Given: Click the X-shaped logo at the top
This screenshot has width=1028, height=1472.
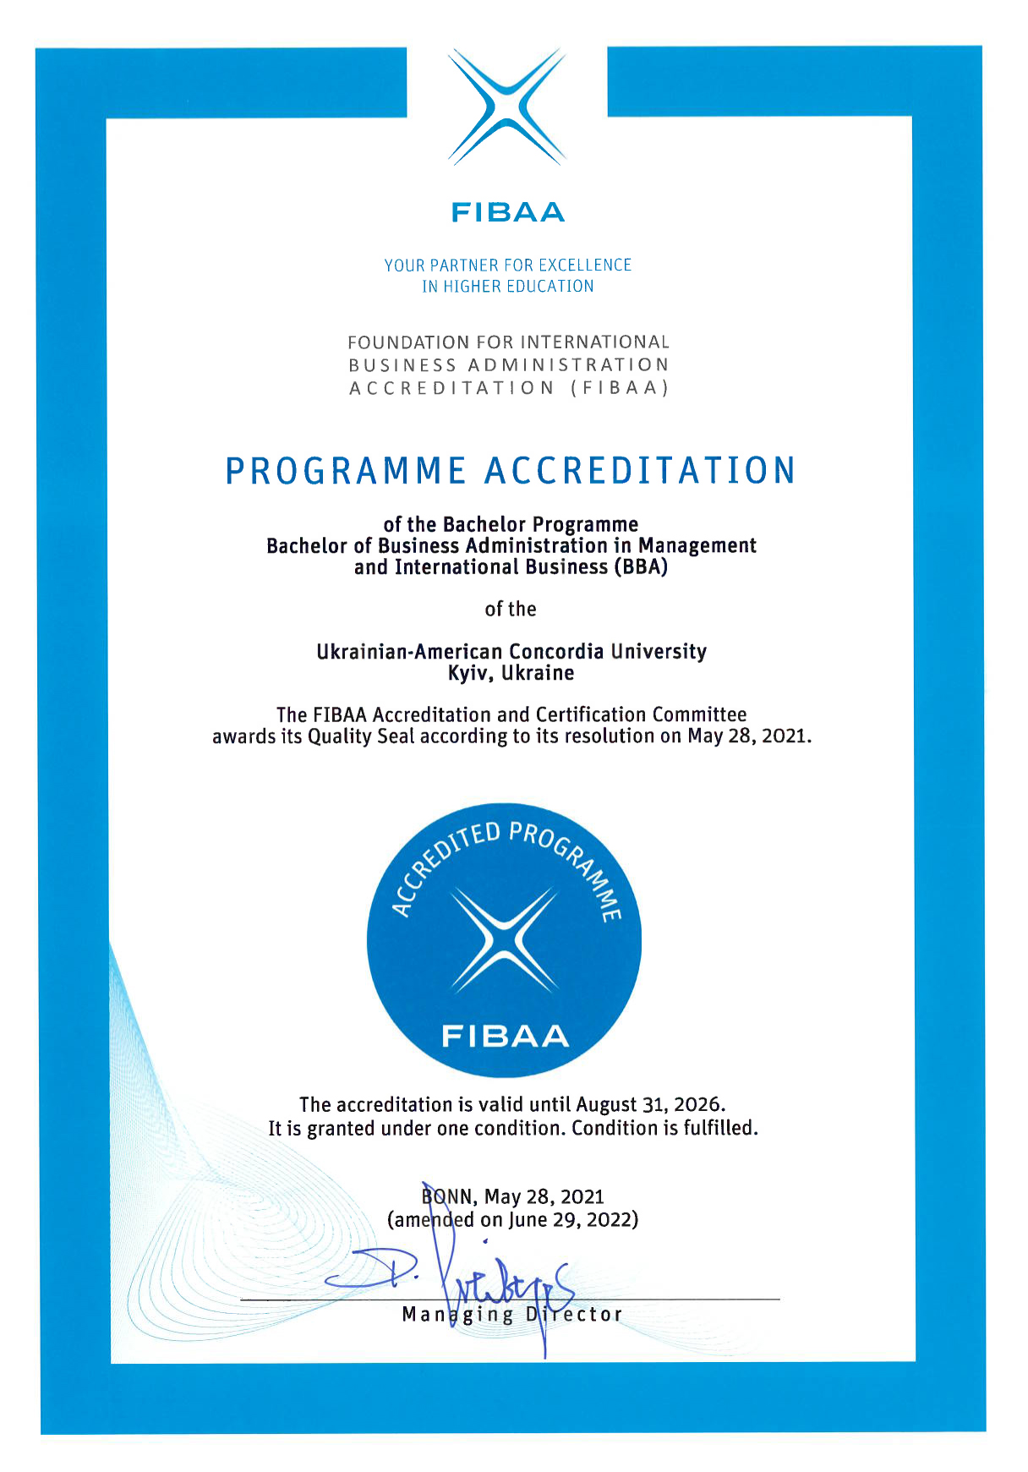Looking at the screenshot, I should (507, 107).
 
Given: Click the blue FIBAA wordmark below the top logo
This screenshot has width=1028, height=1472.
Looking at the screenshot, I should (507, 211).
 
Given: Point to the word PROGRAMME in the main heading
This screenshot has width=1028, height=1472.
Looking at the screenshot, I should (346, 471).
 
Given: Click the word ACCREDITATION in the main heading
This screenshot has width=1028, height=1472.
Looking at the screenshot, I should (640, 471).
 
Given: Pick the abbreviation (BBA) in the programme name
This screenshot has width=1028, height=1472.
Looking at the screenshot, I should (641, 567).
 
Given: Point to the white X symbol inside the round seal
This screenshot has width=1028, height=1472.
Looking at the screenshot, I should (504, 940).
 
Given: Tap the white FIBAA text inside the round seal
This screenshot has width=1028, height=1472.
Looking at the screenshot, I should (505, 1036).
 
